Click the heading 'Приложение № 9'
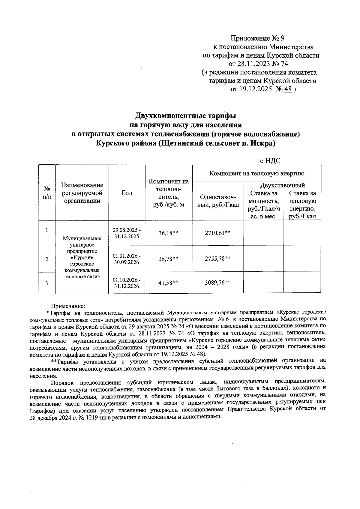tap(257, 38)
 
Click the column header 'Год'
tap(127, 193)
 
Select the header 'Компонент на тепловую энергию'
tap(256, 173)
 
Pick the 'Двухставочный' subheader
tap(282, 185)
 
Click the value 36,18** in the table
tap(168, 233)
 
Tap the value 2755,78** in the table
tap(217, 259)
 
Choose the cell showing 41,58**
tap(168, 283)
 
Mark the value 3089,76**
tap(217, 283)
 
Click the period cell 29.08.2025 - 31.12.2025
tap(127, 233)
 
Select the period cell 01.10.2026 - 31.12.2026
tap(127, 283)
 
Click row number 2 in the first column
tap(47, 259)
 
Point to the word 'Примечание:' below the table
tap(68, 306)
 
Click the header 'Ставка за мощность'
tap(264, 205)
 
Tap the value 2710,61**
tap(217, 233)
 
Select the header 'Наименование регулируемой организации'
tap(82, 193)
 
